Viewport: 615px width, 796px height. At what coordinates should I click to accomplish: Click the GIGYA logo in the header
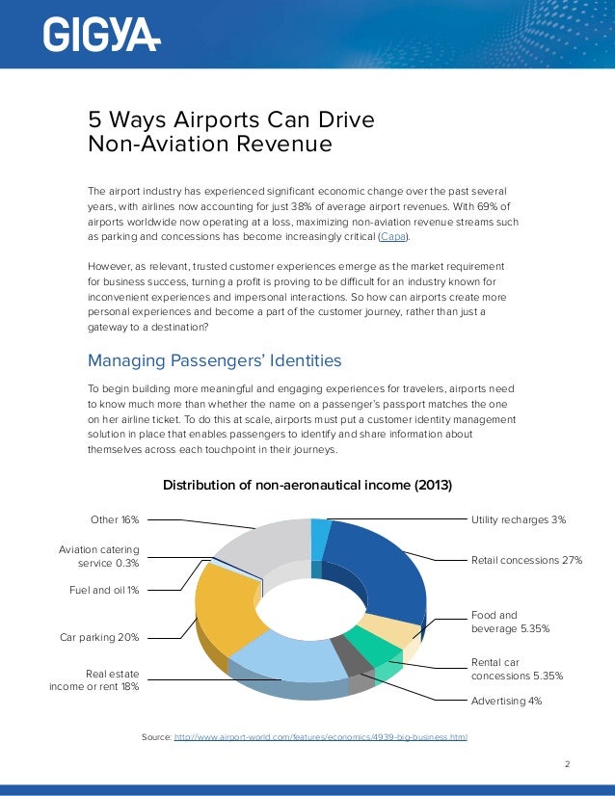[101, 35]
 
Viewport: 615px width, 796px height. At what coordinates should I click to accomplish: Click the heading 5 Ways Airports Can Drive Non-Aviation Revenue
[231, 132]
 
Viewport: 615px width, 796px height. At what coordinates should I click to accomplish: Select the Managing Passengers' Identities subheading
[214, 361]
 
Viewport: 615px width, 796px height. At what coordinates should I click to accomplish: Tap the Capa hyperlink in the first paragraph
[391, 236]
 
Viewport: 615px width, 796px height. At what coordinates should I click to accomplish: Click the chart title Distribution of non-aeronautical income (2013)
[307, 484]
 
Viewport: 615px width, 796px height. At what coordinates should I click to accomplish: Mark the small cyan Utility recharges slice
[320, 538]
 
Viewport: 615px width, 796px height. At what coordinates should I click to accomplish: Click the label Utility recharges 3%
[518, 520]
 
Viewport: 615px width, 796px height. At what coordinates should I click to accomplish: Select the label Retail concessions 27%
[526, 559]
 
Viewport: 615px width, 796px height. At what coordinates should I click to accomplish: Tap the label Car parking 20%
[99, 637]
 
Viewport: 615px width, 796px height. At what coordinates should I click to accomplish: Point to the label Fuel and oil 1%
[103, 590]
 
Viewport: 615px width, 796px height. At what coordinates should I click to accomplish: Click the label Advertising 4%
[506, 701]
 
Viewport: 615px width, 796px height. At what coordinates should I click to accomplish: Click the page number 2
[567, 765]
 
